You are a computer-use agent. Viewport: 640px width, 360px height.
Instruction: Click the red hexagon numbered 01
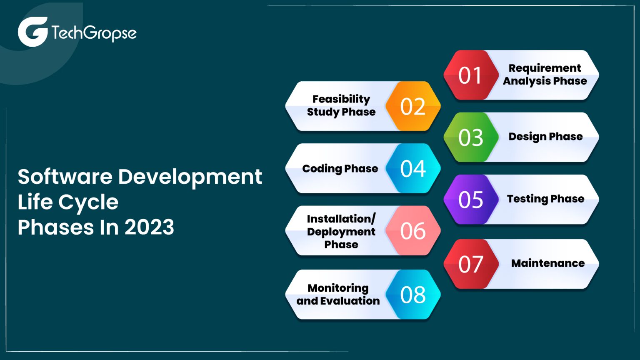tap(471, 75)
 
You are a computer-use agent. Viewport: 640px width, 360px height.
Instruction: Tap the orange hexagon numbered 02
tap(413, 106)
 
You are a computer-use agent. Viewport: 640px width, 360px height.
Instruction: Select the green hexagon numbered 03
tap(471, 137)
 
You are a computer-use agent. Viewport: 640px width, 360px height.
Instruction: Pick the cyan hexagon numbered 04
tap(413, 168)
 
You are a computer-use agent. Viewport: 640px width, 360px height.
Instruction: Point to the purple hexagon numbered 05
tap(471, 200)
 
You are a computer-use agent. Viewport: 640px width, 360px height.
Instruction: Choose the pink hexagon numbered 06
tap(413, 230)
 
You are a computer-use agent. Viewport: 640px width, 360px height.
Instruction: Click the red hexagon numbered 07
tap(471, 264)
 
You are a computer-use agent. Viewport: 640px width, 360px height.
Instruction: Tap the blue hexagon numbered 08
tap(413, 295)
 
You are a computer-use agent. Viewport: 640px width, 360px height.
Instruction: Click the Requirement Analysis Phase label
tap(545, 75)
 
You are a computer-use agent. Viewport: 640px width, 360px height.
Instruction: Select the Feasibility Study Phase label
tap(341, 105)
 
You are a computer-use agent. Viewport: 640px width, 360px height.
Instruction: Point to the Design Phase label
tap(545, 137)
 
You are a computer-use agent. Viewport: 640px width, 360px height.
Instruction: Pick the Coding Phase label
tap(340, 168)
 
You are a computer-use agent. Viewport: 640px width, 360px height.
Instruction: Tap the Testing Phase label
tap(545, 199)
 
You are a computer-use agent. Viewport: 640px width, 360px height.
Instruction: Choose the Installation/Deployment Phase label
tap(341, 231)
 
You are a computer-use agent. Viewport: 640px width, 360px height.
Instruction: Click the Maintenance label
tap(547, 263)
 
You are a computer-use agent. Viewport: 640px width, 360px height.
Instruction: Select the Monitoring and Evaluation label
tap(338, 294)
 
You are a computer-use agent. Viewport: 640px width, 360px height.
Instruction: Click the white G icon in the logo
tap(32, 32)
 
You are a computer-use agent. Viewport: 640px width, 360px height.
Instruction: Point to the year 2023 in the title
tap(149, 227)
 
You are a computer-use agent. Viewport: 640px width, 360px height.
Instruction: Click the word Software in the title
tap(65, 177)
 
